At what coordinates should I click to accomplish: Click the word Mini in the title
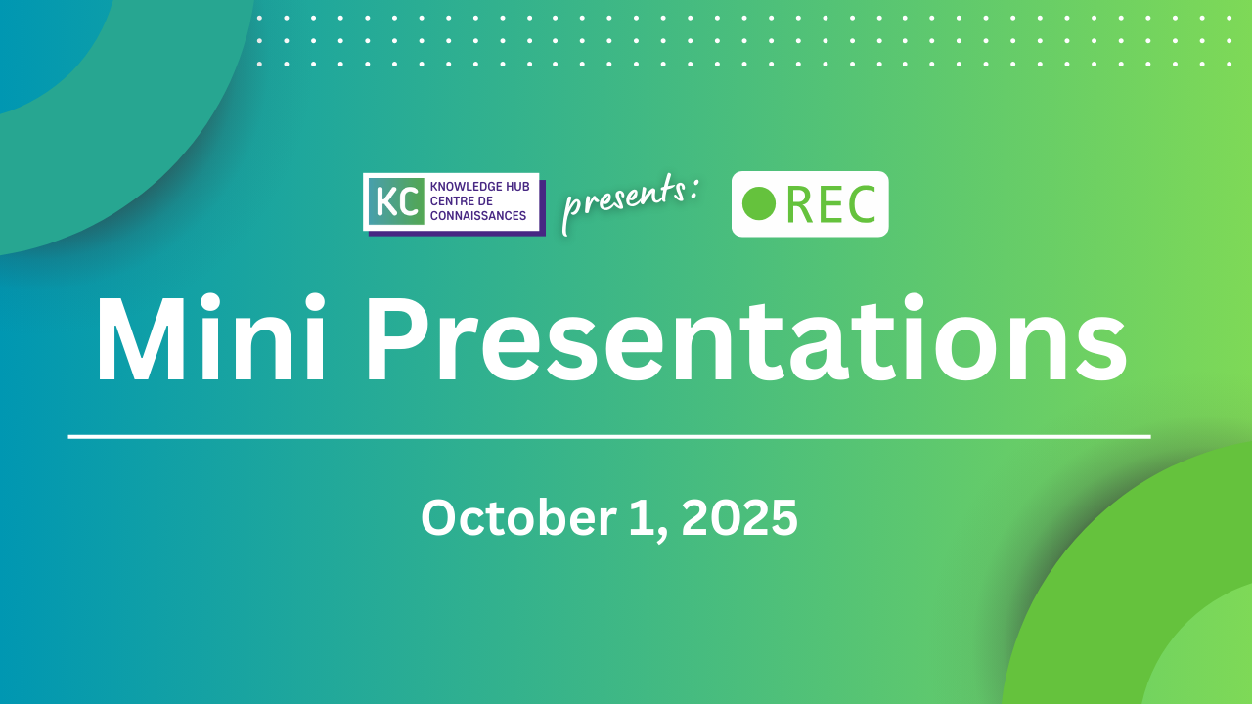pyautogui.click(x=211, y=337)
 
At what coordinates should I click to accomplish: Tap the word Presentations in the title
pyautogui.click(x=746, y=338)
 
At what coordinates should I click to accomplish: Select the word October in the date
pyautogui.click(x=518, y=518)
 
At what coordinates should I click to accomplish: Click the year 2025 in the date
pyautogui.click(x=739, y=518)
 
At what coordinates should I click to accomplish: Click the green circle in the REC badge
pyautogui.click(x=758, y=204)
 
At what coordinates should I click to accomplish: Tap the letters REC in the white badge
pyautogui.click(x=830, y=204)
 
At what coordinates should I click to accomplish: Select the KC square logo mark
pyautogui.click(x=396, y=201)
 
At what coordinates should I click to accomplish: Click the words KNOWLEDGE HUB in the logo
pyautogui.click(x=479, y=187)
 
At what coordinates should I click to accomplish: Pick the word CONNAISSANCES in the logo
pyautogui.click(x=478, y=216)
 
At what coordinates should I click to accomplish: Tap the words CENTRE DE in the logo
pyautogui.click(x=461, y=201)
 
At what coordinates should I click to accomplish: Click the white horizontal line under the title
pyautogui.click(x=609, y=437)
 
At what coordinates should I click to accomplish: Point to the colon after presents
pyautogui.click(x=693, y=189)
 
